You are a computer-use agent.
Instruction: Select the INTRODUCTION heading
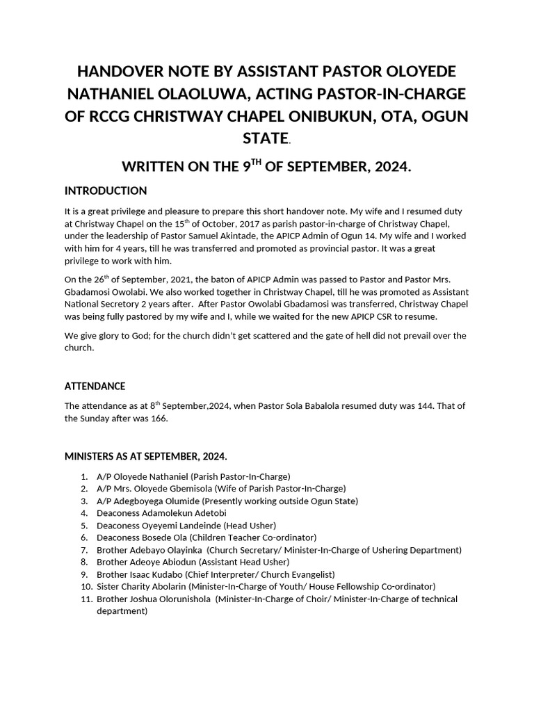tap(106, 191)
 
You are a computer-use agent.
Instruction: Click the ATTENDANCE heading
tap(95, 386)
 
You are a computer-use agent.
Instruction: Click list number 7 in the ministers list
tap(83, 550)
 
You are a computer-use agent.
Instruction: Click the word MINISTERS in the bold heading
tap(92, 456)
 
